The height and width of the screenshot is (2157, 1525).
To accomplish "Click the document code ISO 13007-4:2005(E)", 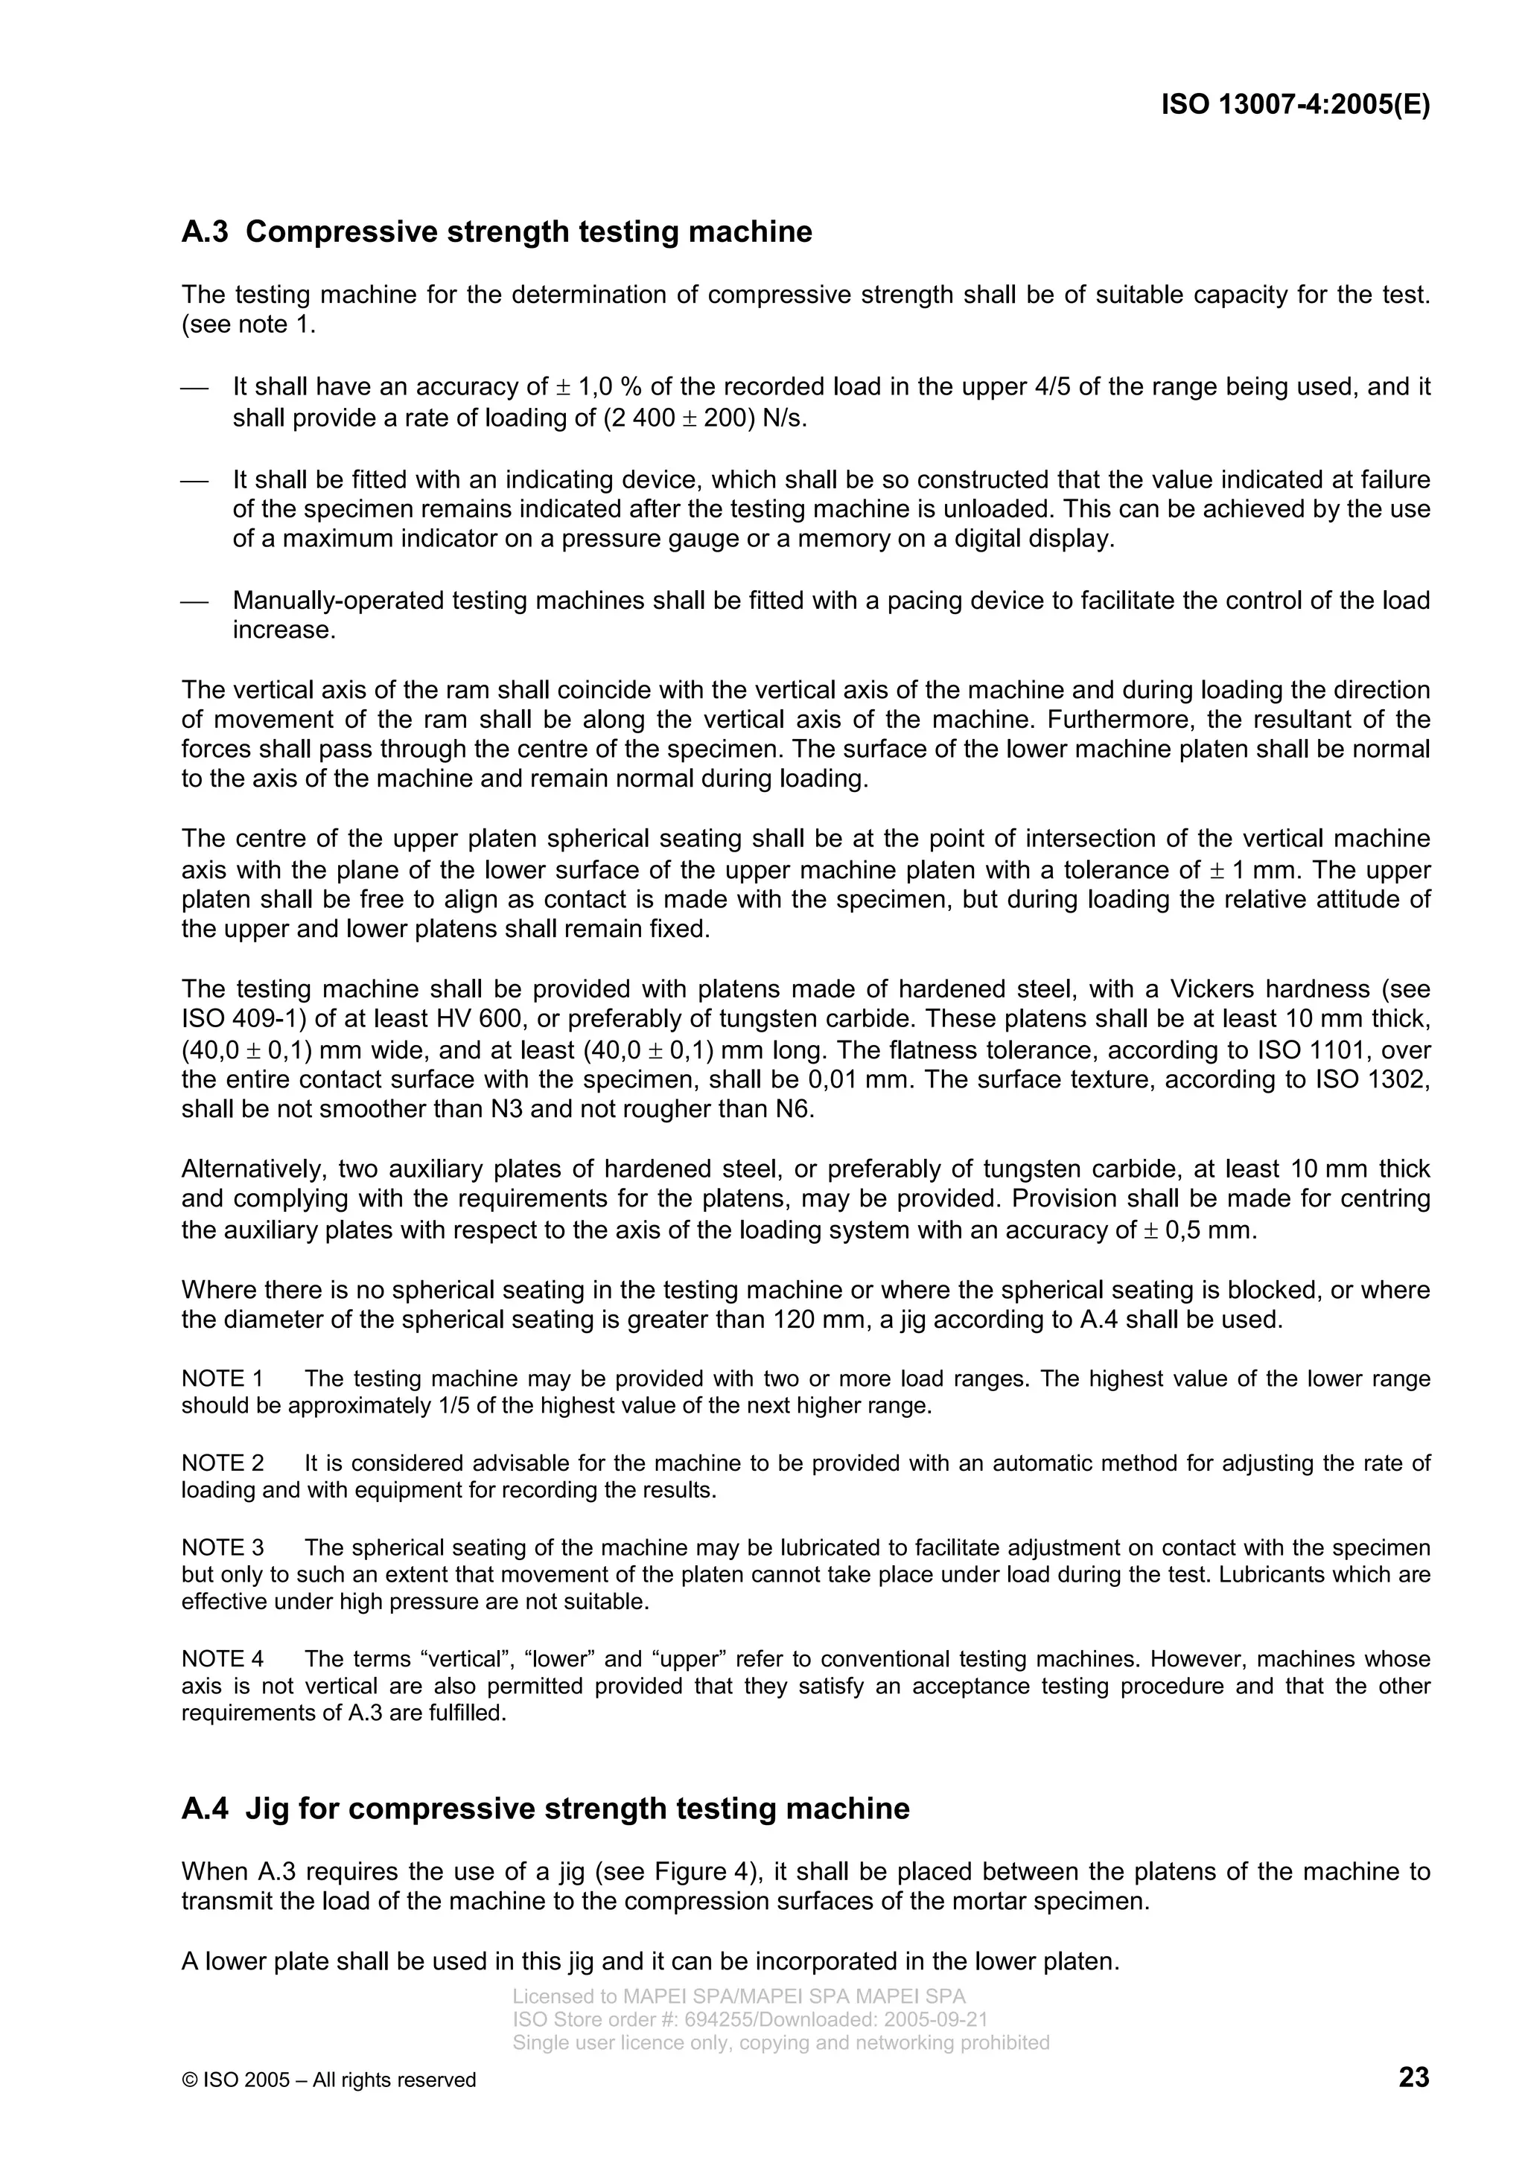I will [x=1295, y=104].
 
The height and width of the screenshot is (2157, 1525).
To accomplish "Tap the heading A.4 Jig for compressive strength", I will [x=545, y=1809].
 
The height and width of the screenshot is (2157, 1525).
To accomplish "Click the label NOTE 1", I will [x=222, y=1378].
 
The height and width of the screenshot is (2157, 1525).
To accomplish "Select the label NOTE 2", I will [x=222, y=1463].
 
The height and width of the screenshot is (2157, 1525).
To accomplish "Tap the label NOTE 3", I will [x=222, y=1547].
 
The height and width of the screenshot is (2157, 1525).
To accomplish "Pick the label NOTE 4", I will [x=222, y=1658].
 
